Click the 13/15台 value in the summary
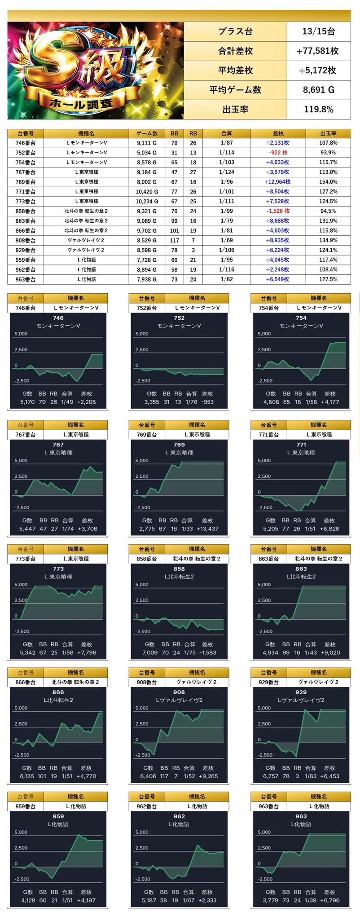click(x=318, y=31)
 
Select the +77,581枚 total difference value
click(x=318, y=51)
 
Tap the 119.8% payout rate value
click(x=318, y=109)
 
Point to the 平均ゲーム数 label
click(x=235, y=90)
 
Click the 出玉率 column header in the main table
click(x=328, y=133)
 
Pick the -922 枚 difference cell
click(x=278, y=153)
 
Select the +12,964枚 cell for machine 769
click(x=277, y=182)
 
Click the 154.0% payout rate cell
click(x=328, y=182)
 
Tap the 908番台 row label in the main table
click(x=25, y=240)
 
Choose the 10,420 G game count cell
click(x=147, y=192)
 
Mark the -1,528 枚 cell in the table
click(x=278, y=211)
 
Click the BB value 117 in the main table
click(x=174, y=240)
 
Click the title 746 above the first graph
click(x=58, y=318)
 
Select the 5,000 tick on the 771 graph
click(x=264, y=460)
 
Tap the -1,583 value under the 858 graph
click(x=207, y=652)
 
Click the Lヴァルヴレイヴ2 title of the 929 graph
click(x=301, y=700)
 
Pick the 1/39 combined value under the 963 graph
click(x=311, y=900)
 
